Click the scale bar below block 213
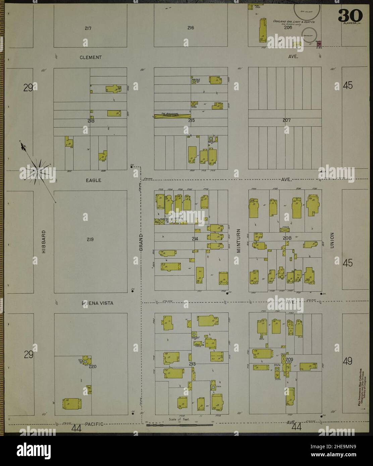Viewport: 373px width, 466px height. tap(180, 425)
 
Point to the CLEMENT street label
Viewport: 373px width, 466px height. tap(91, 57)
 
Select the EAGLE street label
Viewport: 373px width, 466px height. tap(93, 180)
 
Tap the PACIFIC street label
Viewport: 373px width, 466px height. tap(95, 424)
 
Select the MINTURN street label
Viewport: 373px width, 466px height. tap(239, 240)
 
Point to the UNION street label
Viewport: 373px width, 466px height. tap(332, 240)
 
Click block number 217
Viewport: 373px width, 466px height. tap(88, 28)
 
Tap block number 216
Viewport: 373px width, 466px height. tap(191, 28)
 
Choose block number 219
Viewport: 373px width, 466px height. tap(90, 239)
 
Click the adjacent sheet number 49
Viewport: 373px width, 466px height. tap(348, 361)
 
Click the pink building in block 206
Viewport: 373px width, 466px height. tap(319, 44)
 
